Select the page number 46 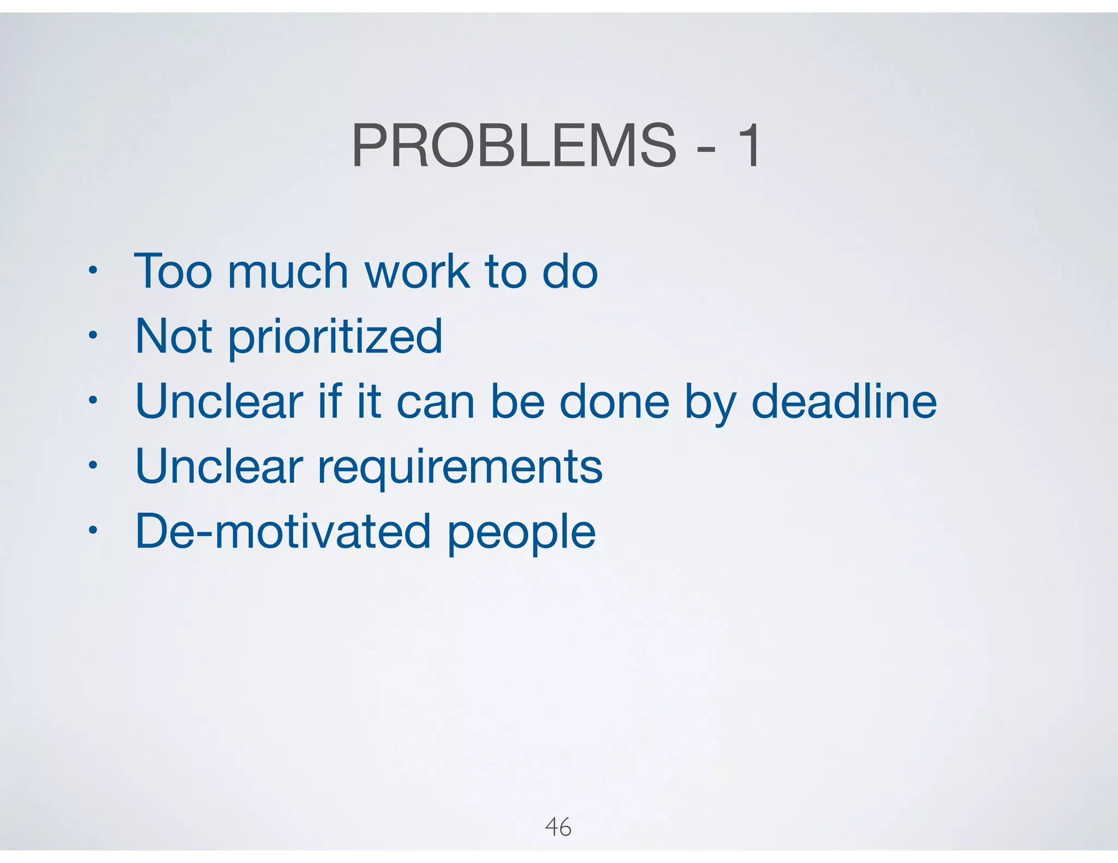[x=558, y=827]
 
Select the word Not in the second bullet [x=173, y=336]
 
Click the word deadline [x=844, y=401]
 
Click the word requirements [x=460, y=468]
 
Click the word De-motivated [x=283, y=531]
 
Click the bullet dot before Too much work [x=93, y=269]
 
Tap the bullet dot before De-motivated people [x=93, y=530]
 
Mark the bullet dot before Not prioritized [x=93, y=334]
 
